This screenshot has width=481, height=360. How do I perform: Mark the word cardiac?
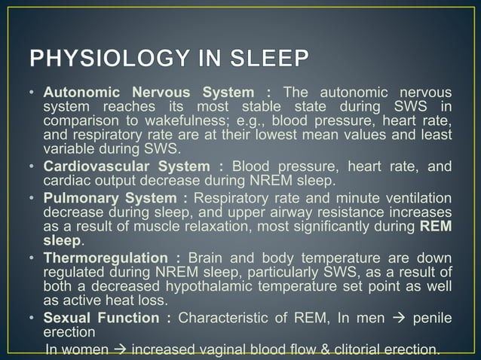click(x=66, y=180)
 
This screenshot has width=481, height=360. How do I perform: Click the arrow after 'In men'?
click(x=395, y=319)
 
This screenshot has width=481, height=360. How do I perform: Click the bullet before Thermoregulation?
click(x=32, y=257)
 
